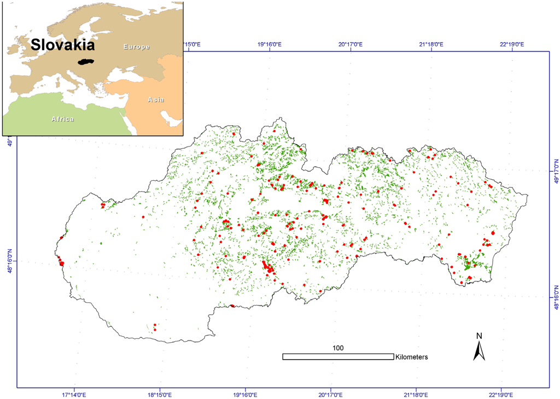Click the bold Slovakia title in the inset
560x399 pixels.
click(x=62, y=44)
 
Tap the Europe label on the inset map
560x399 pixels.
click(x=136, y=47)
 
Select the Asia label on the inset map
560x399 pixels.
click(x=155, y=99)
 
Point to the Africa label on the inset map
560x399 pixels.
click(x=63, y=119)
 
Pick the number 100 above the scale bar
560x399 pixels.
click(x=337, y=348)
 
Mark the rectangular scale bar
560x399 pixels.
click(x=338, y=356)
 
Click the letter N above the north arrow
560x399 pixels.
click(x=479, y=336)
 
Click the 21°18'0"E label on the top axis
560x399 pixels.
click(x=431, y=44)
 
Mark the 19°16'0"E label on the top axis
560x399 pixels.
click(x=269, y=44)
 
